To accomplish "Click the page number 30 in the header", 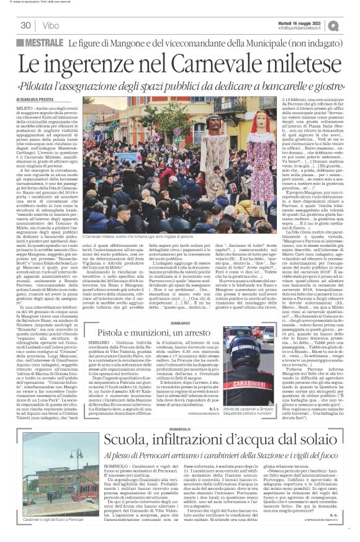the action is [25, 25].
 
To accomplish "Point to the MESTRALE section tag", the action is [43, 44].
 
